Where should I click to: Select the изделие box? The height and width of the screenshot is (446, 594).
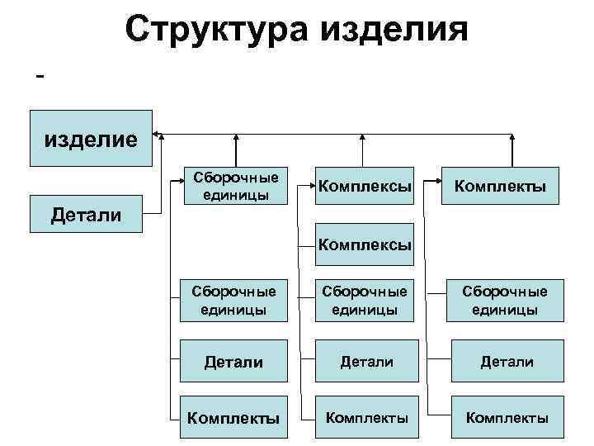[91, 137]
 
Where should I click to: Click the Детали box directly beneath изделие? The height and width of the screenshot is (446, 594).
[87, 216]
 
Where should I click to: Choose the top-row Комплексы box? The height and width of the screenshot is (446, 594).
[365, 187]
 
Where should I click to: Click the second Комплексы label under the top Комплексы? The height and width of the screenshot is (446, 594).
[365, 245]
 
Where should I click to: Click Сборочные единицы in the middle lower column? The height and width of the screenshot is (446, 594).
[365, 301]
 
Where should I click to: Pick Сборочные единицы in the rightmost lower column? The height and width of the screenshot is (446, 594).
[505, 301]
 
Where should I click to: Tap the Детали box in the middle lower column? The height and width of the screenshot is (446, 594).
[365, 361]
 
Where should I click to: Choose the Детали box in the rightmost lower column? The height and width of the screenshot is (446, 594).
[505, 361]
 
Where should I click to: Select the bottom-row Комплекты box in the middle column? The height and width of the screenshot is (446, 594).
[365, 418]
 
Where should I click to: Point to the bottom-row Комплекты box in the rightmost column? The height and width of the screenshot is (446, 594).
[505, 418]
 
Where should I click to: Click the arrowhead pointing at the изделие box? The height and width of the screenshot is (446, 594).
[158, 132]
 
